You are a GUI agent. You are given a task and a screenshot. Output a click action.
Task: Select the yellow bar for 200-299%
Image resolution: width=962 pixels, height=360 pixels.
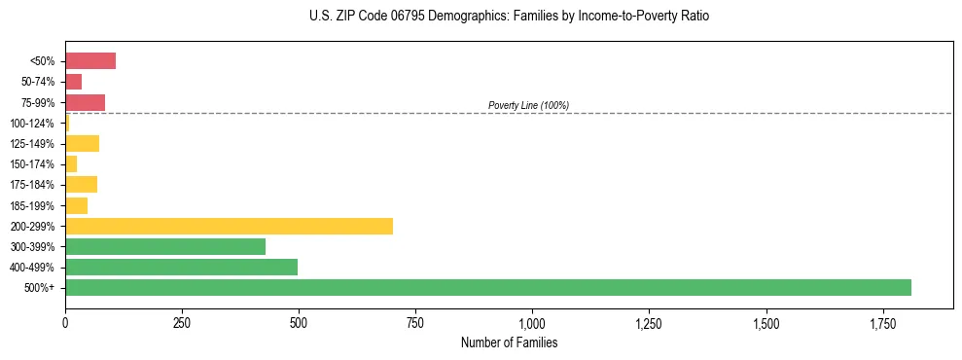229,226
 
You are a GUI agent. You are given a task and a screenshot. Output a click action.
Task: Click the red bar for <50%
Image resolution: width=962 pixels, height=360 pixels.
90,61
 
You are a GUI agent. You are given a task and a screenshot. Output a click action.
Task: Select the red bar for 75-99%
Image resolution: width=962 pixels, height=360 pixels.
85,102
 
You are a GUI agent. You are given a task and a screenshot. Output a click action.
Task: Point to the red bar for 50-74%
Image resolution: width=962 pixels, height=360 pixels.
74,82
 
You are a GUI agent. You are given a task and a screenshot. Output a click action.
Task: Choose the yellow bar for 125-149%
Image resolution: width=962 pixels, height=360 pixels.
82,144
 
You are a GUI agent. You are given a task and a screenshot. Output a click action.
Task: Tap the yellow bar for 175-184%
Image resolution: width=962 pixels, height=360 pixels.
81,185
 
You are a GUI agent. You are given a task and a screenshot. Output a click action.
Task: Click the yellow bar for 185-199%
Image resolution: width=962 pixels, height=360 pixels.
76,205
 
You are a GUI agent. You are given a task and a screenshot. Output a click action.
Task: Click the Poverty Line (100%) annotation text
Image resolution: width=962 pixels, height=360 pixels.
528,105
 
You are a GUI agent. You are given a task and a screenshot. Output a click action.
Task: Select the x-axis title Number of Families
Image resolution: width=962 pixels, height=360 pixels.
509,343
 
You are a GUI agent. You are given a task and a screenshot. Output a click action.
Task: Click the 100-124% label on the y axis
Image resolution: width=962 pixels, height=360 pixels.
32,124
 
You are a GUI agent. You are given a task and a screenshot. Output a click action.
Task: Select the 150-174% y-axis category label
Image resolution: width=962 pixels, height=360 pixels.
32,164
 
